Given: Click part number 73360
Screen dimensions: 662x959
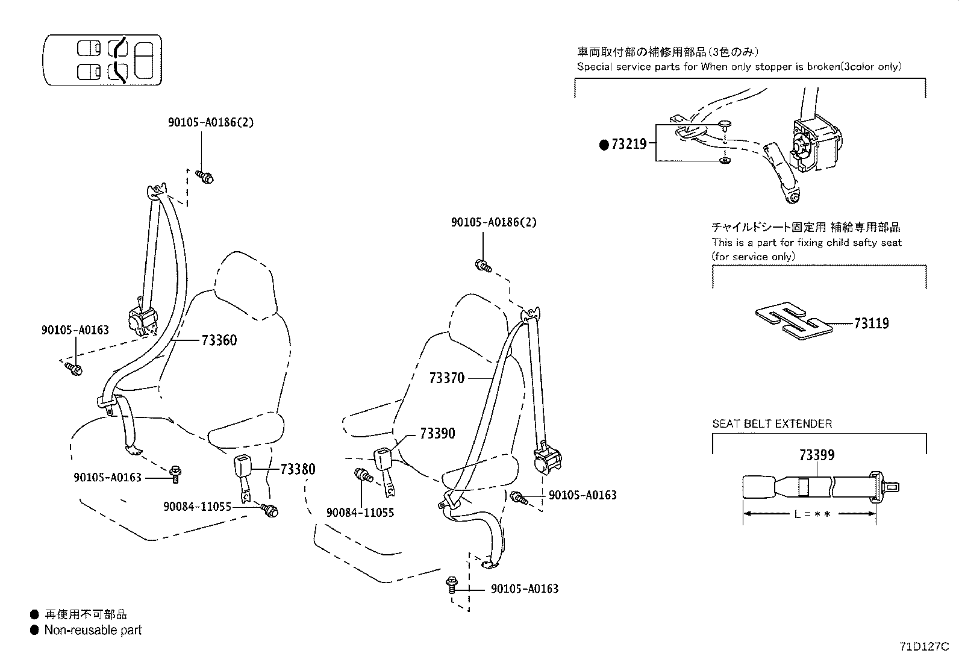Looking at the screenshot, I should [219, 340].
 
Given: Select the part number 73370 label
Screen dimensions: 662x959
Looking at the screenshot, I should [446, 378].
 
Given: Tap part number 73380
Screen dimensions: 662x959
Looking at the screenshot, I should [298, 469].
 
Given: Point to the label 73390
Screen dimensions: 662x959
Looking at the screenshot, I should [437, 434].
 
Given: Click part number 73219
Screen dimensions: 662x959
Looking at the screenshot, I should [629, 144].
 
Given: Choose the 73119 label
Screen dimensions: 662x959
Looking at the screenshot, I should [871, 323].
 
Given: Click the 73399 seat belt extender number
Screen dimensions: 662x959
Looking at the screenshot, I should [817, 455].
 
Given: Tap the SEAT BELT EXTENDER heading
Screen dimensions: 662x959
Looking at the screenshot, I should [772, 423].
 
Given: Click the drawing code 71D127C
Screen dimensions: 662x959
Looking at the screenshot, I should [924, 647].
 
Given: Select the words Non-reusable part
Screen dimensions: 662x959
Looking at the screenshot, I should [93, 630].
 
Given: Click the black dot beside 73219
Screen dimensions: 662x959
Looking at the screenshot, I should [604, 145].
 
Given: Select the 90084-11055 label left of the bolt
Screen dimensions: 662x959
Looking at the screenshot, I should [197, 507].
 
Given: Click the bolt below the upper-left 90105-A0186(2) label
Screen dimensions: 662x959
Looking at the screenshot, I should [205, 176].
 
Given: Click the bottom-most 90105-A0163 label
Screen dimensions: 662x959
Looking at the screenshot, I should [524, 589].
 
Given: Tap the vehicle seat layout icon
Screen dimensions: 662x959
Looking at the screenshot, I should [103, 59].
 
